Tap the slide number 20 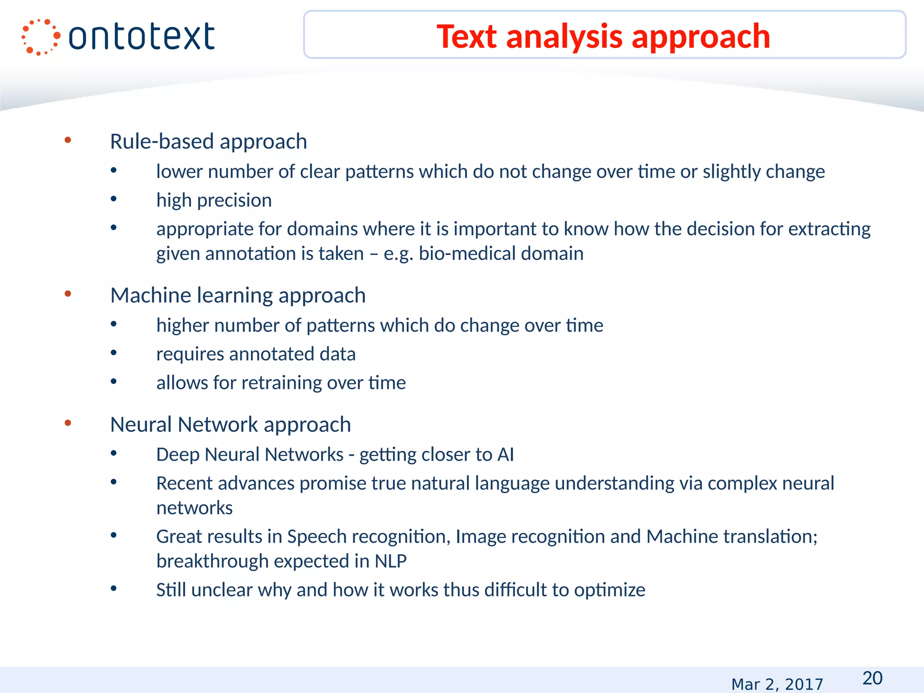coord(872,678)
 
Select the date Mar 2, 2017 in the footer coord(777,684)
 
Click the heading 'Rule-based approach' coord(208,142)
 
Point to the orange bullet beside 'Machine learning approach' coord(68,294)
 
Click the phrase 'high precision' coord(214,200)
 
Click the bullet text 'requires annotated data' coord(256,354)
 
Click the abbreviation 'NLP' coord(390,561)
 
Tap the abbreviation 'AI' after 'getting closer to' coord(505,455)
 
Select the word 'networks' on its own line coord(194,508)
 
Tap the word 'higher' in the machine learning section coord(182,326)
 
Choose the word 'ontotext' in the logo coord(141,37)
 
